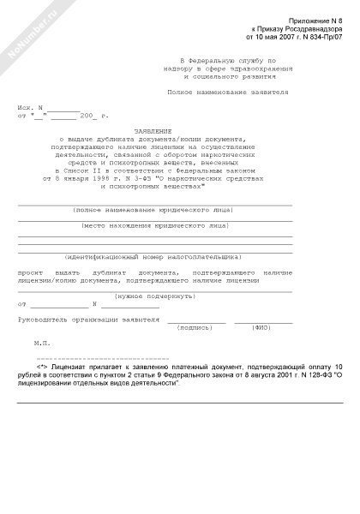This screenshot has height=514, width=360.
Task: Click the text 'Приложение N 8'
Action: coord(319,18)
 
